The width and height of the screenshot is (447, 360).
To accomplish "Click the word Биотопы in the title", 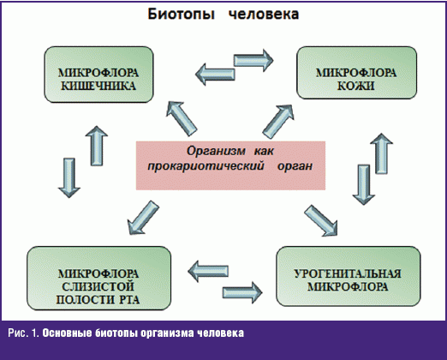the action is click(x=181, y=15).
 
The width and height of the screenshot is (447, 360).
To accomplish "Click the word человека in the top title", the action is click(x=264, y=15).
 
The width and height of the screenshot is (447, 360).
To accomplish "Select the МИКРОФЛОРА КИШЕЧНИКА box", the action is click(x=98, y=75).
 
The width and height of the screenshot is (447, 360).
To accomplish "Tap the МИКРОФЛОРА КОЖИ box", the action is click(x=356, y=73).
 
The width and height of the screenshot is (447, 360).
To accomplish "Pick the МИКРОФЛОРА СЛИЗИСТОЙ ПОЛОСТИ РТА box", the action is click(x=98, y=279).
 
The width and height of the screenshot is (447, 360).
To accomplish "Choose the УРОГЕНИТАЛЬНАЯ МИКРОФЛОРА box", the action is click(x=349, y=276).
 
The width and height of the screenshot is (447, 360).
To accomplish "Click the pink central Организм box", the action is click(x=230, y=165).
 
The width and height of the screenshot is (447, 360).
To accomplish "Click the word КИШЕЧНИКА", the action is click(x=98, y=86).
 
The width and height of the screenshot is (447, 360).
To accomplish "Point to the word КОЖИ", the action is click(x=356, y=86).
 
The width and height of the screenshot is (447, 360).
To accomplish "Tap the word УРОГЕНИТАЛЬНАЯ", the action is click(x=348, y=273).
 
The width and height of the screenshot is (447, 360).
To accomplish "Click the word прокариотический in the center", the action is click(x=206, y=166).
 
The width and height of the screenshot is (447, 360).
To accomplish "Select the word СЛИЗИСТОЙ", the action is click(x=98, y=286).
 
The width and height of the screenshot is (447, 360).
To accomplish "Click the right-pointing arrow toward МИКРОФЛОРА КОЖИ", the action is click(x=253, y=60).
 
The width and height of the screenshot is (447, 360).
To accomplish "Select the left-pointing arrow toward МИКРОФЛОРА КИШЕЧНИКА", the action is click(x=215, y=75).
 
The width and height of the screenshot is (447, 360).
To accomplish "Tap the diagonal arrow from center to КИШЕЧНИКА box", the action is click(x=182, y=118).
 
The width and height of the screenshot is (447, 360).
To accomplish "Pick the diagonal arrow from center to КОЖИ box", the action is click(x=278, y=122).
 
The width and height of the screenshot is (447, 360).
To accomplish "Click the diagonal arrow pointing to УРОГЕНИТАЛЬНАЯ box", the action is click(x=321, y=220).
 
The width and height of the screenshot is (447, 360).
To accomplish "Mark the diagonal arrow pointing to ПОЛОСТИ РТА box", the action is click(x=143, y=218).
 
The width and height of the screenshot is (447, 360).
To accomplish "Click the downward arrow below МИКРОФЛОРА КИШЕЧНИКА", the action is click(x=69, y=177).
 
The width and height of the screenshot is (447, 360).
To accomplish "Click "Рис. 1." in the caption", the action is click(x=23, y=333).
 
